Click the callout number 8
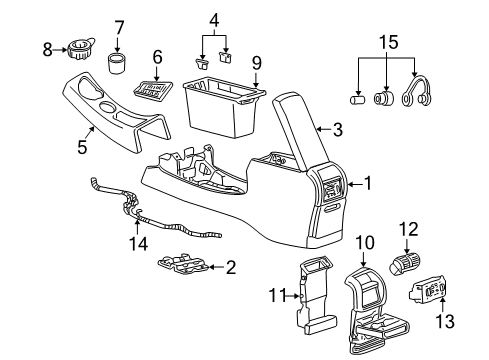(47, 50)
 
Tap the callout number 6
(157, 57)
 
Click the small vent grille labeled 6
(153, 89)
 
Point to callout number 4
(214, 20)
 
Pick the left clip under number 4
(201, 63)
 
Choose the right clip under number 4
(226, 56)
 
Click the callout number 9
(256, 63)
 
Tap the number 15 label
(388, 42)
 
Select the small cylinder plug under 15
(358, 99)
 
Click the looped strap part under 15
(417, 92)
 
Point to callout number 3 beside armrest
(338, 129)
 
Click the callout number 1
(368, 183)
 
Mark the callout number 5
(82, 147)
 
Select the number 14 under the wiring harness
(139, 244)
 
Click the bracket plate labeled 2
(184, 265)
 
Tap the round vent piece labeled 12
(404, 264)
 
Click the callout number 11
(278, 295)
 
